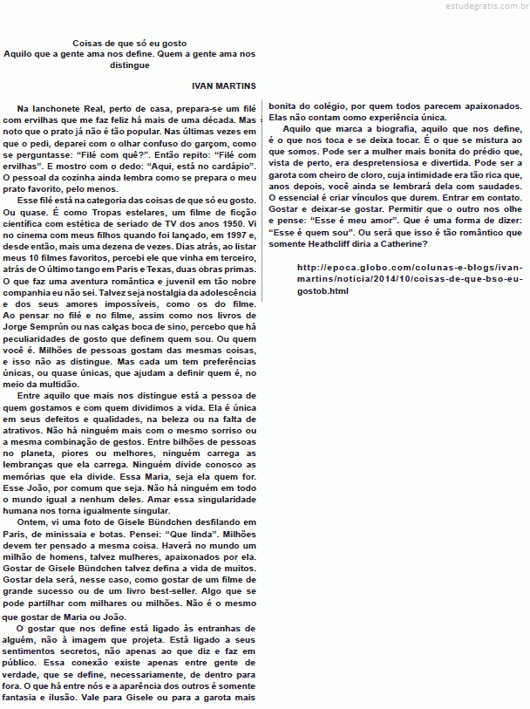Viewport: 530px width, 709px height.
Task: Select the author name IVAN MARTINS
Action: (223, 86)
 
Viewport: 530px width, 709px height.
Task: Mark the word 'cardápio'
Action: (231, 164)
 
